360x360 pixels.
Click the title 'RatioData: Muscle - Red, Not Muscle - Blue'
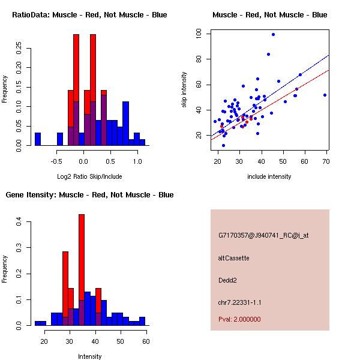(89, 14)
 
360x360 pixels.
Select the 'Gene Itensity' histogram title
(89, 195)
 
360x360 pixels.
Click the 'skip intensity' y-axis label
(185, 90)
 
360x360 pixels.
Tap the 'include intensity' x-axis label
(270, 176)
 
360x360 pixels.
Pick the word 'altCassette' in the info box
(234, 258)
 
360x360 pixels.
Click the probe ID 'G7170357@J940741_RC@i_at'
(263, 236)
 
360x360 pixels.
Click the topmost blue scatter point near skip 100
(273, 35)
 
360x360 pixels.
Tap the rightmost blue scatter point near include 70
(325, 95)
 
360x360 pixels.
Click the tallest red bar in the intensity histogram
(82, 270)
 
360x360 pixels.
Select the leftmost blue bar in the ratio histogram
(38, 139)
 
